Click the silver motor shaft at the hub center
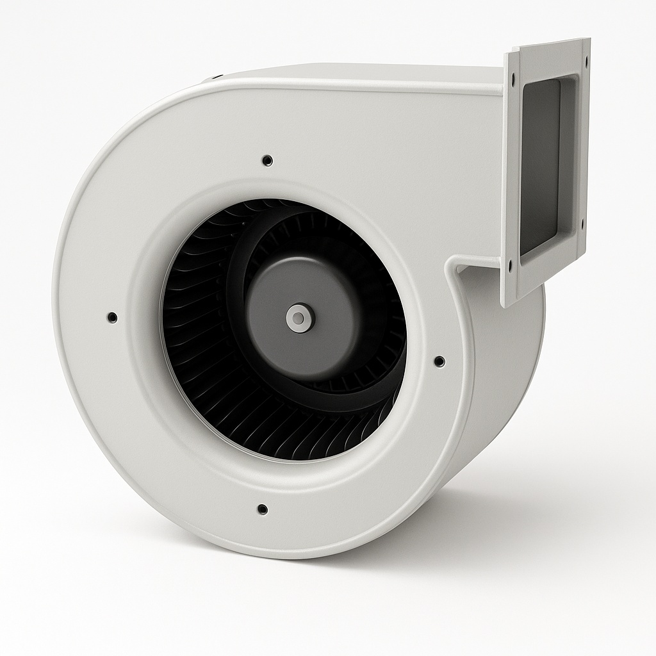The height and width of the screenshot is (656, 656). pos(297,318)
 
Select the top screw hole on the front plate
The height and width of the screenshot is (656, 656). pos(268,160)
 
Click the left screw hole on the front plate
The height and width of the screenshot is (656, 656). pos(112,317)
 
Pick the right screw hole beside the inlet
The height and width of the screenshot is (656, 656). pos(439,361)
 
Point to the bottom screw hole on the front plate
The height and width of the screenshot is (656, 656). pos(262,509)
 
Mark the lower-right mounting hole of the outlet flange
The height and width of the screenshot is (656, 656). pos(582,225)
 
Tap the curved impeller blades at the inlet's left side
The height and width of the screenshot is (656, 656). pos(186,320)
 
